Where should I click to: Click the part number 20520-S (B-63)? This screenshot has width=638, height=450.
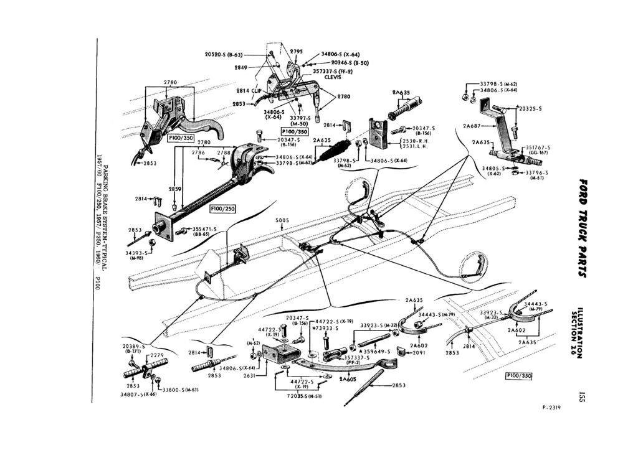pos(228,55)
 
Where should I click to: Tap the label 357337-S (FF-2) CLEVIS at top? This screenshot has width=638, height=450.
pos(333,73)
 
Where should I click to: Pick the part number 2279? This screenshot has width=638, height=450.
pos(156,355)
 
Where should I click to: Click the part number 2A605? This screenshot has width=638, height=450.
pos(347,378)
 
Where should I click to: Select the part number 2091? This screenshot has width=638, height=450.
pos(419,352)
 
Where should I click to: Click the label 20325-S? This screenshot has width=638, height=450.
pos(530,108)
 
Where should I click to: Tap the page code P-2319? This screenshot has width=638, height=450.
pos(551,408)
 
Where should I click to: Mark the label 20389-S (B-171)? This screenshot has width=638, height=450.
pos(133,348)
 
